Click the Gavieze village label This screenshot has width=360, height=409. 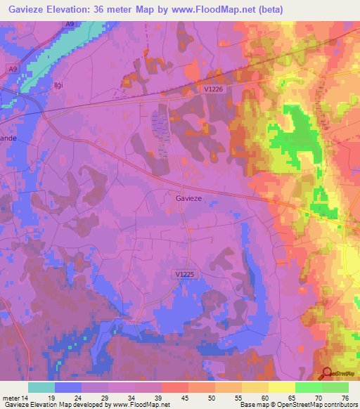[x=189, y=199]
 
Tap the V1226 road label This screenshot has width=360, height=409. [x=216, y=89]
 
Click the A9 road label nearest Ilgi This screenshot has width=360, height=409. [x=13, y=68]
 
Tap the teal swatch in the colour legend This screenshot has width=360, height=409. [x=41, y=387]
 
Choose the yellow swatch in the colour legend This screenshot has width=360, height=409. [x=282, y=387]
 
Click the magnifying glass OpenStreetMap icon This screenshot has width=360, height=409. [x=327, y=375]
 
